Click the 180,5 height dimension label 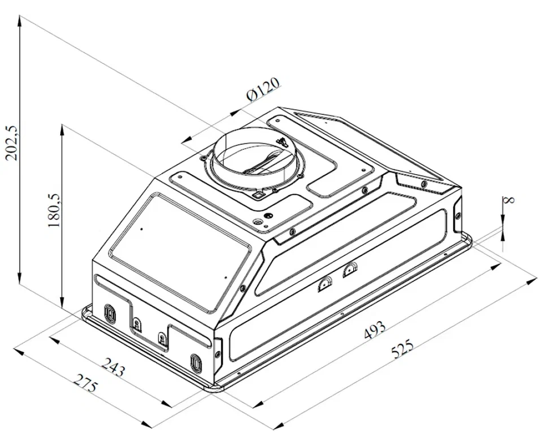pos(54,211)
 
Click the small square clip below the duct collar pos(257,196)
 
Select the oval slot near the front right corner pos(195,363)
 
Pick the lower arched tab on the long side pos(325,285)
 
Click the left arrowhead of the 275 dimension pos(19,351)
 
